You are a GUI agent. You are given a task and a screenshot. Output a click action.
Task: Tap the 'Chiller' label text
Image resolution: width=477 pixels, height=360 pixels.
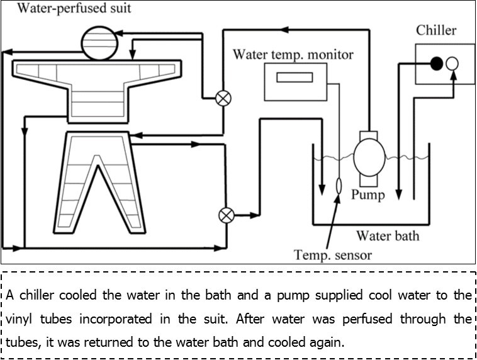click(x=436, y=30)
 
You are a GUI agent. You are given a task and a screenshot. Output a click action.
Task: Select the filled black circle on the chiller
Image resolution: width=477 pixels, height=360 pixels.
click(x=435, y=63)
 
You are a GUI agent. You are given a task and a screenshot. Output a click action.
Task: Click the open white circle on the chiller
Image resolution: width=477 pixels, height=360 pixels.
click(x=452, y=63)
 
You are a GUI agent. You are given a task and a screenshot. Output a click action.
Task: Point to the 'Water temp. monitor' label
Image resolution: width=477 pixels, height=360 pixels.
click(x=293, y=54)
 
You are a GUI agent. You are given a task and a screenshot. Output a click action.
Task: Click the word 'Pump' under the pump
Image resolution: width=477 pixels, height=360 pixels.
click(x=368, y=194)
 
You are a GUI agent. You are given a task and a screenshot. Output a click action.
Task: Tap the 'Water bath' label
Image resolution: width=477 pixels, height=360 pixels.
click(x=388, y=237)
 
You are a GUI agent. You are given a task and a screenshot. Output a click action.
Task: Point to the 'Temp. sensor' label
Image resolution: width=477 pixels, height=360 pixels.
click(x=333, y=255)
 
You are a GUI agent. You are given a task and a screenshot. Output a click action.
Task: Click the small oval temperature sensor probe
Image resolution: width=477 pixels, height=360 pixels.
click(x=339, y=186)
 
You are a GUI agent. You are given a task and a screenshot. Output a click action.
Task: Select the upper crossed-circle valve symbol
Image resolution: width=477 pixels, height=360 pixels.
click(x=223, y=98)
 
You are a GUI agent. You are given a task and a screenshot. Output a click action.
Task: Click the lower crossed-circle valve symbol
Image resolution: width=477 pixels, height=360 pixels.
click(x=225, y=215)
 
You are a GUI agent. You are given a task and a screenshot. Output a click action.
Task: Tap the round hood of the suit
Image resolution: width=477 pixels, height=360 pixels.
click(x=101, y=40)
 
